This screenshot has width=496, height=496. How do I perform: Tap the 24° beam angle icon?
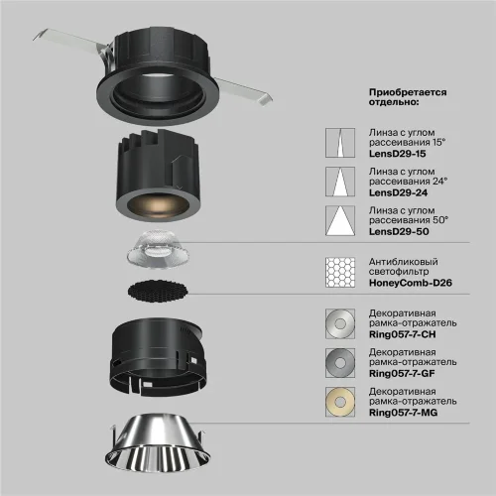(340, 182)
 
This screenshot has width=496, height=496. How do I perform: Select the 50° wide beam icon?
(340, 221)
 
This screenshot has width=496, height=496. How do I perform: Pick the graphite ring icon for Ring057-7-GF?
(340, 361)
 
